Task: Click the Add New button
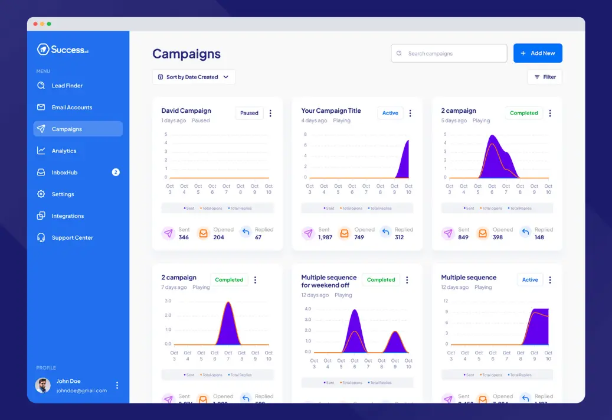tap(538, 53)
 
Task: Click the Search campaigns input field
tap(449, 53)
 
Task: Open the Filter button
tap(544, 77)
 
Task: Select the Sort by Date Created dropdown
tap(194, 77)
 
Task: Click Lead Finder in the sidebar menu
tap(67, 86)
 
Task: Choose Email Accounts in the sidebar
tap(71, 108)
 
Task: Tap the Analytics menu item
tap(64, 151)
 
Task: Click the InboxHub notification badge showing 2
tap(116, 172)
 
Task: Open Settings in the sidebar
tap(63, 194)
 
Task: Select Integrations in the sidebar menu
tap(67, 216)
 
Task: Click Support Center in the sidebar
tap(72, 237)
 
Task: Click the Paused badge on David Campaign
tap(249, 113)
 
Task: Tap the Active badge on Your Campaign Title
tap(390, 113)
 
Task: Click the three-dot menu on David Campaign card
tap(270, 113)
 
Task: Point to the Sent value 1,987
tap(325, 237)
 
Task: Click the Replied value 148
tap(539, 237)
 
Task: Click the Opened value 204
tap(218, 237)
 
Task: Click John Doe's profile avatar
tap(42, 386)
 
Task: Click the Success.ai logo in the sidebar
tap(63, 50)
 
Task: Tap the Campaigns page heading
tap(186, 54)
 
